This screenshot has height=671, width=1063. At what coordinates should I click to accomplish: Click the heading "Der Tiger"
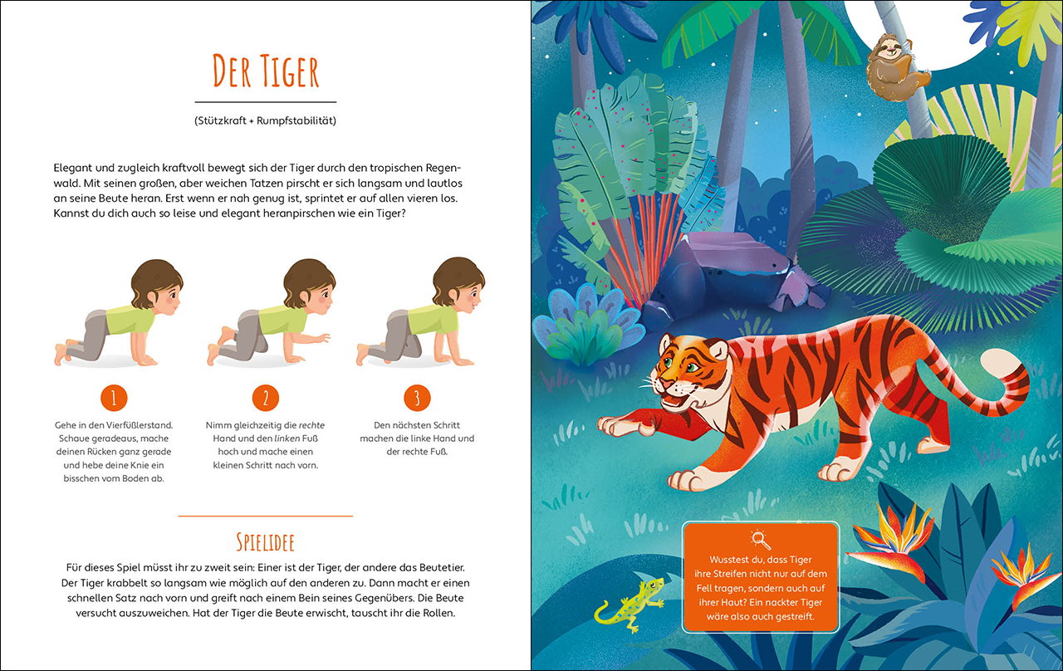[266, 71]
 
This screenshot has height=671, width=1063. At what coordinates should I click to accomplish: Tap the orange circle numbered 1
[114, 398]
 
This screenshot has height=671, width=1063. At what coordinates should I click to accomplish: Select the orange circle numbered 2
[265, 398]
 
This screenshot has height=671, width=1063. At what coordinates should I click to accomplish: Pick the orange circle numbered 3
[417, 398]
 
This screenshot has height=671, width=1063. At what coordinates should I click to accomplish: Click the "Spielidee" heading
[265, 542]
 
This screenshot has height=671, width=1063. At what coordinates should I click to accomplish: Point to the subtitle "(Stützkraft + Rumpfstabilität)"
[265, 120]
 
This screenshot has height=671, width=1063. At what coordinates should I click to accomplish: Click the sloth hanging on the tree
[894, 66]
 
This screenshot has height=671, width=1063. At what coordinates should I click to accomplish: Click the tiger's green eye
[693, 367]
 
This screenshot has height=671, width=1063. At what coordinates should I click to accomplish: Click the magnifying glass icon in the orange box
[760, 540]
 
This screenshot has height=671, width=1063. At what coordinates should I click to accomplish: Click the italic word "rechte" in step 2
[311, 425]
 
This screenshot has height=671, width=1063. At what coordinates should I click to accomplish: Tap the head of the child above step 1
[157, 284]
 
